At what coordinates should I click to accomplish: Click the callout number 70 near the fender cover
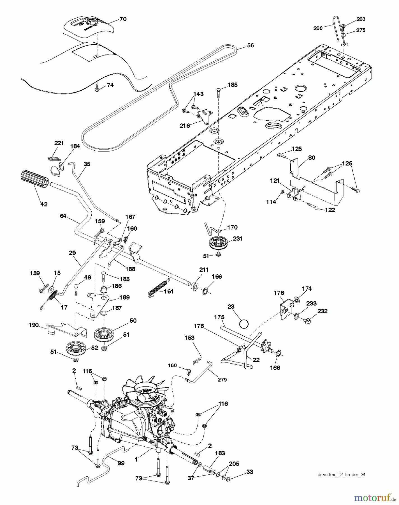[123, 19]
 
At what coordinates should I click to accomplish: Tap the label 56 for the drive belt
[250, 45]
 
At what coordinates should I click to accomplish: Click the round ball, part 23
[244, 324]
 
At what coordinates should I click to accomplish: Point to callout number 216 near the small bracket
[185, 125]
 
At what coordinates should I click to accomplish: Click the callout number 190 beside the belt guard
[34, 325]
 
